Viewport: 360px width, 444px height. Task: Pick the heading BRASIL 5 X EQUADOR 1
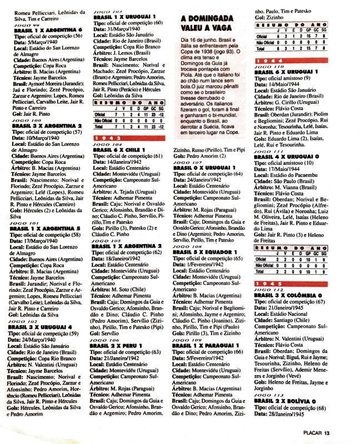(206, 251)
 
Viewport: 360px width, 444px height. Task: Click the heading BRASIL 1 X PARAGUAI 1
(206, 346)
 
